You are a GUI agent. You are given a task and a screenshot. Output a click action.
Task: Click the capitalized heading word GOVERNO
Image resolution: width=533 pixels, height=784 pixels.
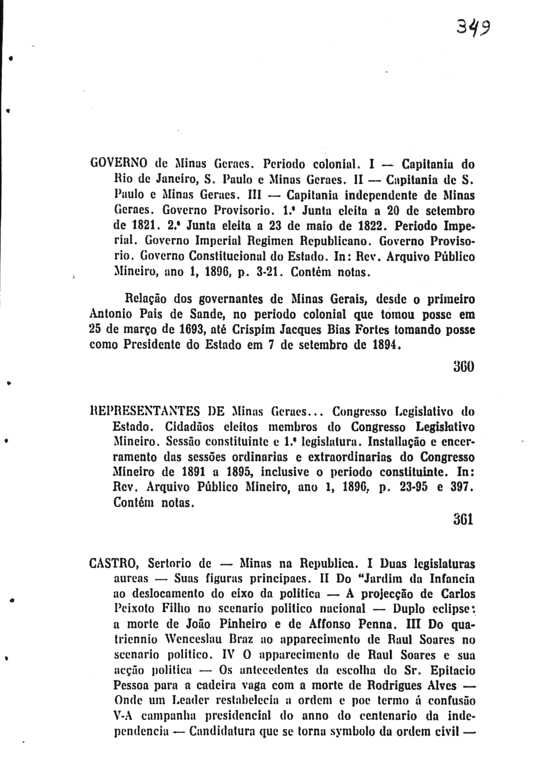[119, 164]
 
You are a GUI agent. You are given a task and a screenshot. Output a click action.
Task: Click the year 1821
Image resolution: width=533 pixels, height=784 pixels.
[141, 227]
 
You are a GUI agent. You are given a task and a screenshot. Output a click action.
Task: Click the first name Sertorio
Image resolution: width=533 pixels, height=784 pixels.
[172, 564]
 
